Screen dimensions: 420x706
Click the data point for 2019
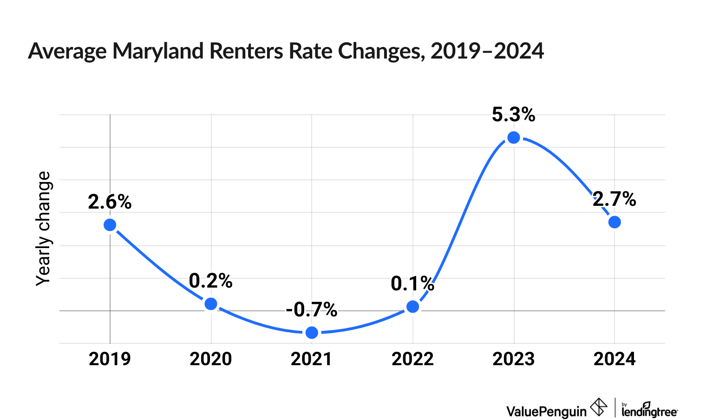coord(110,225)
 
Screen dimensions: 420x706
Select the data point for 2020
coord(211,304)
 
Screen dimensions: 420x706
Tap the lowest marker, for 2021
coord(312,333)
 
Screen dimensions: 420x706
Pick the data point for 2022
coord(412,307)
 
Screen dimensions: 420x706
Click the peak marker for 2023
coord(513,138)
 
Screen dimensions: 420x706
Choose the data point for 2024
coord(614,222)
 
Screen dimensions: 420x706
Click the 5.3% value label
coord(513,115)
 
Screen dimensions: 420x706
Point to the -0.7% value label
coord(312,309)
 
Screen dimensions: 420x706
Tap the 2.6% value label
coord(110,202)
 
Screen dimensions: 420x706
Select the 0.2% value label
coord(211,281)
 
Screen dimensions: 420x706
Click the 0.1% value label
coord(412,283)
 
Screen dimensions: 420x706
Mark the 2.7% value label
coord(614,199)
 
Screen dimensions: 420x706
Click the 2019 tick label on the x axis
coord(110,359)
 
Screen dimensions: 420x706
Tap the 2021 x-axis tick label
coord(312,359)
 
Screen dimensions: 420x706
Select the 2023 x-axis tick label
coord(513,359)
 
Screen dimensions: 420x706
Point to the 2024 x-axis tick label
coord(614,359)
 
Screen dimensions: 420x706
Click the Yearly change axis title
coord(44,228)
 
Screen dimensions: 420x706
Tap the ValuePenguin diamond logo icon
coord(599,407)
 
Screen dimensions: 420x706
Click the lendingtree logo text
coord(649,411)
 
